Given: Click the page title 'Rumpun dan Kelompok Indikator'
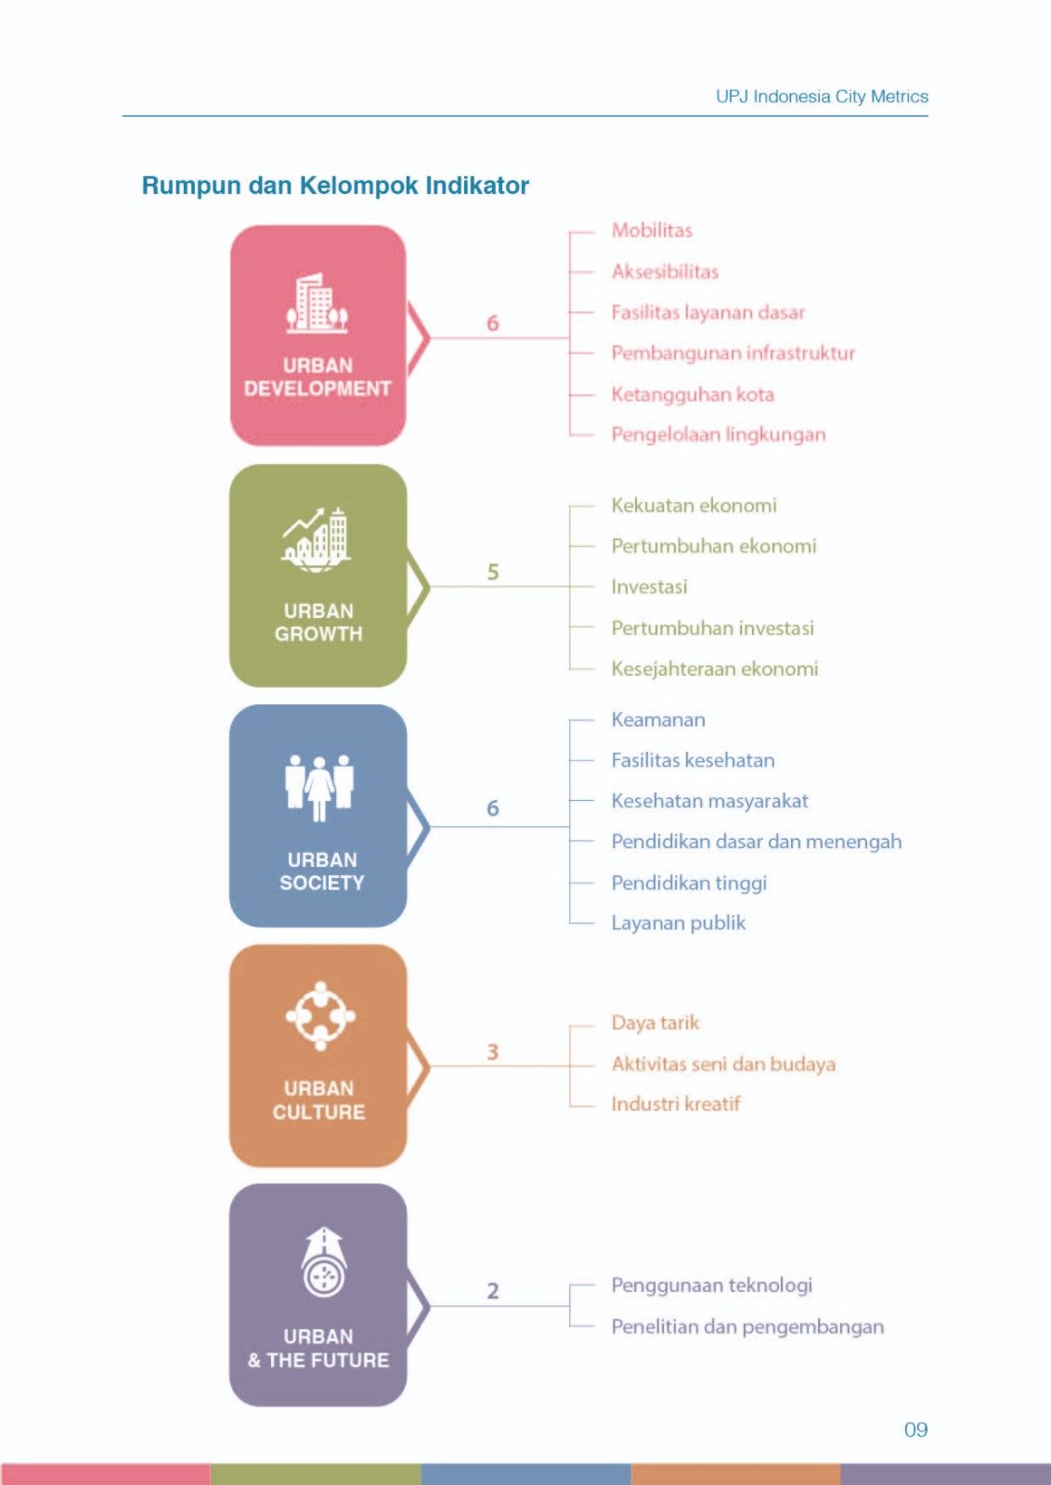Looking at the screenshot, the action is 335,187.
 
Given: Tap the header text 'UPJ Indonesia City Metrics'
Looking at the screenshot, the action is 822,97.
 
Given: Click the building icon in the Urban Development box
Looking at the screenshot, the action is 317,303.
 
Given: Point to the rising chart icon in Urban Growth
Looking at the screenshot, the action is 317,540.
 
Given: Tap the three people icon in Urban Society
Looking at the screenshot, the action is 319,788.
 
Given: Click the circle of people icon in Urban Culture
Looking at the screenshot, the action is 320,1016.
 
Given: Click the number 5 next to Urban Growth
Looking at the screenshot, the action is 493,572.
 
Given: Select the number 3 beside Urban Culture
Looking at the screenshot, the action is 493,1052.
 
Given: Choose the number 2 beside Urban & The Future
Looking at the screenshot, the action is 493,1291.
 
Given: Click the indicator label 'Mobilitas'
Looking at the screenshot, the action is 652,231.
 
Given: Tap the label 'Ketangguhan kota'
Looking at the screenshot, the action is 693,395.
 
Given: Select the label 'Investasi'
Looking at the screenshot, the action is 649,588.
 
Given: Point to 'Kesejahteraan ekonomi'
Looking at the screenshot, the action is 715,669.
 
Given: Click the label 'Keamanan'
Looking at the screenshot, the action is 658,720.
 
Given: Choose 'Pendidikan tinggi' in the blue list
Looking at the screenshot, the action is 689,884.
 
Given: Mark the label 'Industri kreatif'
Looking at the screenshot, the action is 676,1104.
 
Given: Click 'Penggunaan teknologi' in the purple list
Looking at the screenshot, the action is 711,1286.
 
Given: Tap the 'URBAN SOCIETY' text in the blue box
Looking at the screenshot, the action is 321,872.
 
